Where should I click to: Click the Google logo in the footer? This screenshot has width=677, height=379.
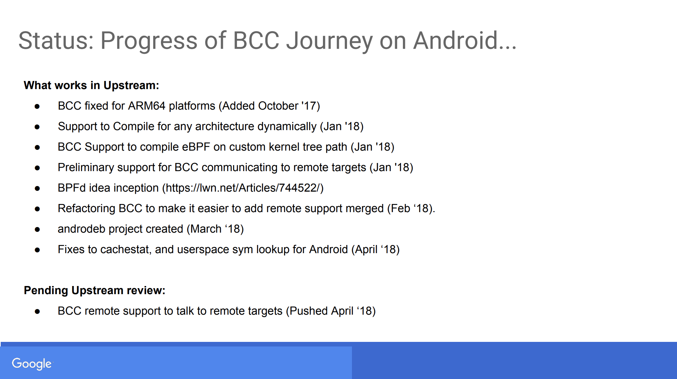point(32,363)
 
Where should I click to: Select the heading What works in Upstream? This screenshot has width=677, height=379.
point(91,85)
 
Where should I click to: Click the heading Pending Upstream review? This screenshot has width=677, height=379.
point(94,290)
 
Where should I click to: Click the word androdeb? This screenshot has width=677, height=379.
point(81,229)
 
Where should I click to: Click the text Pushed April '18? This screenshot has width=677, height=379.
point(330,311)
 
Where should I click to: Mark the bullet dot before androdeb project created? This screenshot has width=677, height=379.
point(37,229)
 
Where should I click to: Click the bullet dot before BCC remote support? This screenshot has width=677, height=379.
point(37,311)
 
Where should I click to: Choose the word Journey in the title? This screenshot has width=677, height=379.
point(329,40)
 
